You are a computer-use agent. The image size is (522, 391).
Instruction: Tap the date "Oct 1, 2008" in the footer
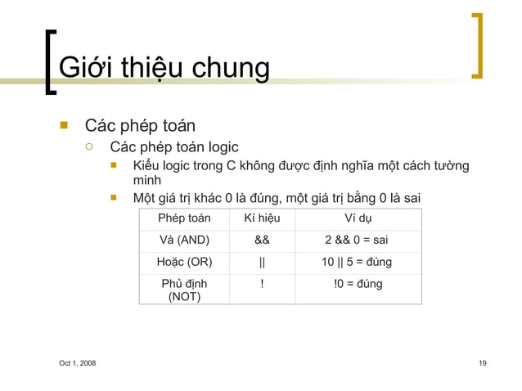[77, 363]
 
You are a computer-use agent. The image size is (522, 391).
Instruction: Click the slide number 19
[483, 363]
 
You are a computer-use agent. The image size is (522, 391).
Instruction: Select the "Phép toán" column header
[184, 218]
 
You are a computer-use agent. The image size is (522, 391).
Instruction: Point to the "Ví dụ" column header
[357, 218]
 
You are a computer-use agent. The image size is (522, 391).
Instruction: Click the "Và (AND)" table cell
[184, 240]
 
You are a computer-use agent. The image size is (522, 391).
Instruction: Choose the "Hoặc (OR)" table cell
[184, 263]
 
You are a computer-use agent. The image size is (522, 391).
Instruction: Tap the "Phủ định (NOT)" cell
[184, 290]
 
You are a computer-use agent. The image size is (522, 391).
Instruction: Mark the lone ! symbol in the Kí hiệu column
[262, 284]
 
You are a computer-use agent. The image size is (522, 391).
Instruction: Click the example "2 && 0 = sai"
[356, 240]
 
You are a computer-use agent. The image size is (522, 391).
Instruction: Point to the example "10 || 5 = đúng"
[356, 263]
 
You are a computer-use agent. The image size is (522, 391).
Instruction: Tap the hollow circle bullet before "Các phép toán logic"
[89, 147]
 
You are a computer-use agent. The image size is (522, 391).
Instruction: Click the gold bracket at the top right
[477, 45]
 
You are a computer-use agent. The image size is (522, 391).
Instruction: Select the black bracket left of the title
[50, 61]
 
